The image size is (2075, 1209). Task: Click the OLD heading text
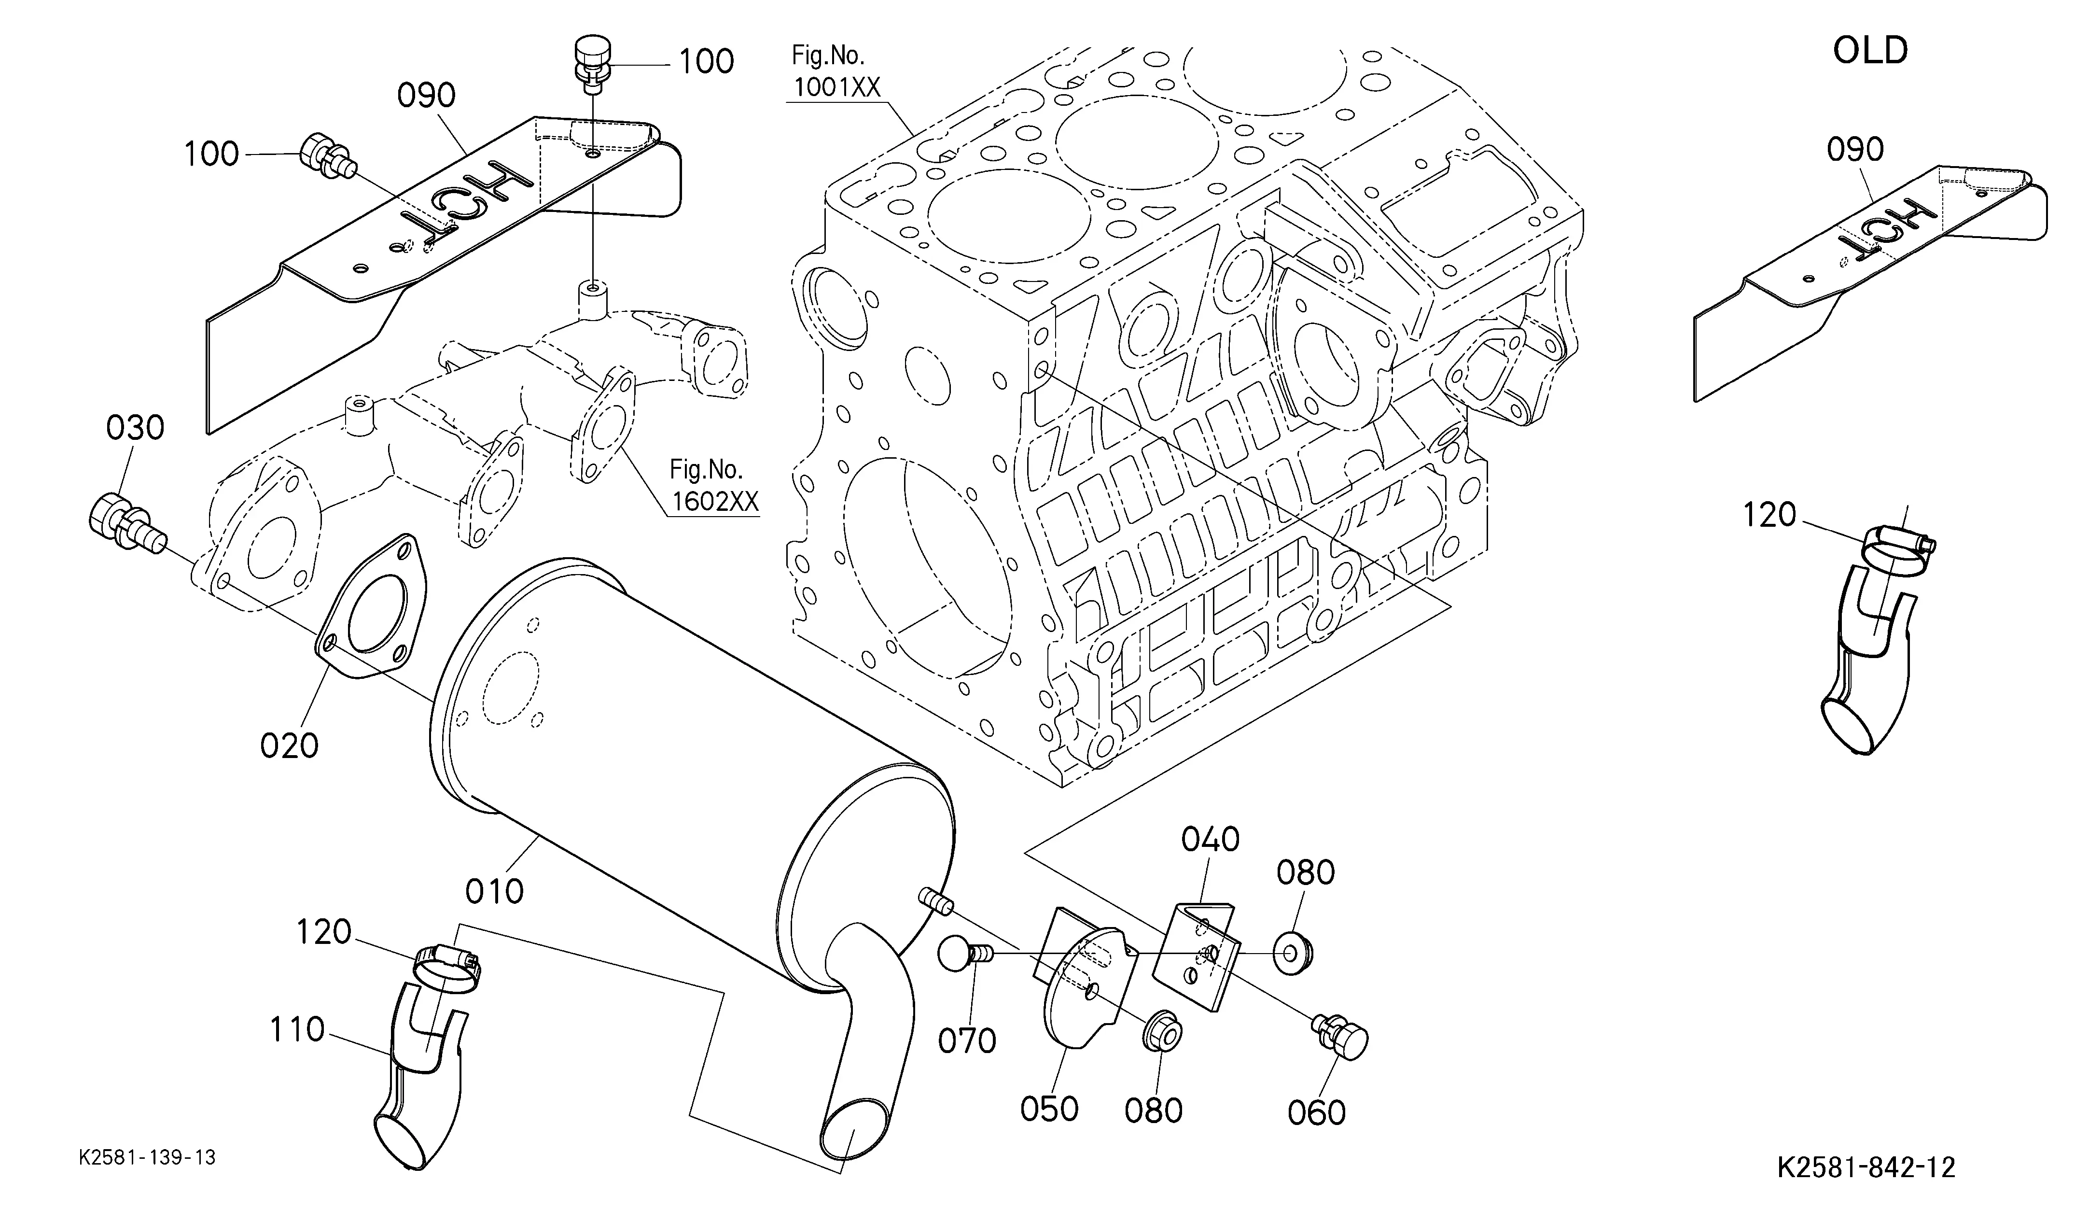1870,51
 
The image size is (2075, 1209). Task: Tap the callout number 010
494,891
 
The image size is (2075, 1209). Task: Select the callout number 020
289,746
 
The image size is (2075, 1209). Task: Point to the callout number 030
135,428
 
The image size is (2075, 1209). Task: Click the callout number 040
1211,840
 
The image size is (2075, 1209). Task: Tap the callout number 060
1317,1112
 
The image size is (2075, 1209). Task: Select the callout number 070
967,1041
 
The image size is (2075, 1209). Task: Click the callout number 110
297,1029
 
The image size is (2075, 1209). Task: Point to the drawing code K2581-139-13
147,1158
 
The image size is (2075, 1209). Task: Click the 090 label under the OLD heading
1855,150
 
